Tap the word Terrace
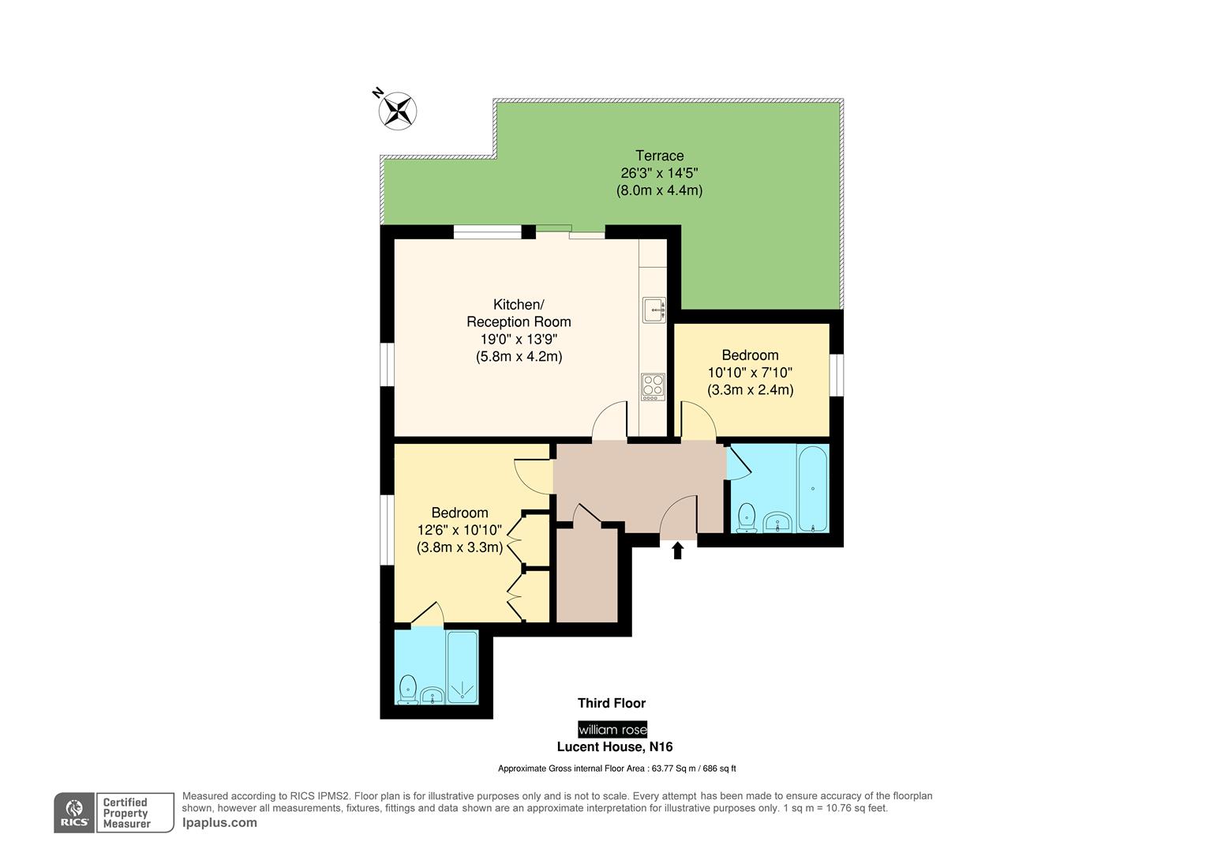point(659,156)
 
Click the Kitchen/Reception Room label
point(519,314)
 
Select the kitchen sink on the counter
point(654,310)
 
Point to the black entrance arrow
point(677,550)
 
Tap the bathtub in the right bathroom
point(813,488)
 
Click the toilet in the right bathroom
point(746,519)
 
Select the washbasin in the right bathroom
point(778,522)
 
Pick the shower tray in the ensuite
point(462,667)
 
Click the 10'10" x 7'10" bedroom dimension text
point(750,373)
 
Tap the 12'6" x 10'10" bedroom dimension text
point(459,530)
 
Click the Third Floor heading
point(612,703)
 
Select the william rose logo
point(612,729)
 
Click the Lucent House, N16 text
point(615,746)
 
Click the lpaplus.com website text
point(219,822)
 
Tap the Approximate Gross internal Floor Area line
point(616,768)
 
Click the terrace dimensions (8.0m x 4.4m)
point(659,190)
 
